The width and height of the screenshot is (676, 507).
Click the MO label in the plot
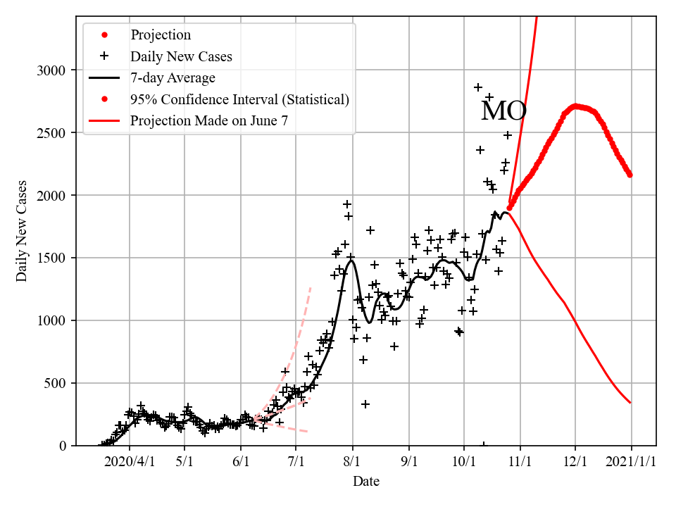[x=503, y=111]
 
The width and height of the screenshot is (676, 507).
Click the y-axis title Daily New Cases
[x=22, y=230]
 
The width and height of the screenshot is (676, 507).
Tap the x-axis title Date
[x=366, y=482]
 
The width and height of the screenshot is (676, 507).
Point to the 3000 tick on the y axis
[x=52, y=70]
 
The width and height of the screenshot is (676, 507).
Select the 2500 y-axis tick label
[x=52, y=133]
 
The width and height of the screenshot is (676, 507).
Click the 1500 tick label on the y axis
[x=52, y=258]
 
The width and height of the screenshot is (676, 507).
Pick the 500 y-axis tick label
[x=56, y=384]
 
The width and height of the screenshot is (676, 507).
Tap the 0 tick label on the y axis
[x=63, y=446]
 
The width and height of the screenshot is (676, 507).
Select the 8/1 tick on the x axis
[x=352, y=462]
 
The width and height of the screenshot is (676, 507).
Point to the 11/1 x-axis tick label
[x=520, y=462]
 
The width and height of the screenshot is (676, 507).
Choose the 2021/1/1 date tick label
[x=631, y=462]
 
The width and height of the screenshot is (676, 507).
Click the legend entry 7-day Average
[x=173, y=77]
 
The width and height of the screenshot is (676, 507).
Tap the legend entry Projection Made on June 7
[x=208, y=121]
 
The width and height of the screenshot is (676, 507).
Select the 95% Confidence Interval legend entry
[x=239, y=99]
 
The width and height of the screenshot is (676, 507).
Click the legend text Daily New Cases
[x=181, y=56]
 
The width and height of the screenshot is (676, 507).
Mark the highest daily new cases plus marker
[x=478, y=87]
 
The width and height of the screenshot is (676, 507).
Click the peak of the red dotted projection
[x=575, y=106]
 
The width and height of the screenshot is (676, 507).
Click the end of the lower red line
[x=630, y=403]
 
